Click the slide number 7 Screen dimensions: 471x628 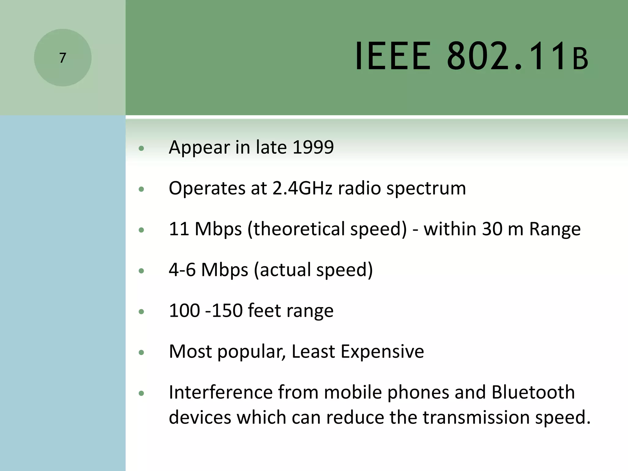point(63,58)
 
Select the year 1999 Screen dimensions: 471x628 point(313,147)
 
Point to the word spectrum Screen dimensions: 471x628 point(426,189)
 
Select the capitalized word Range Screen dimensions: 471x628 point(555,229)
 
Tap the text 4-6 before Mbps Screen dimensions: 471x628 point(182,270)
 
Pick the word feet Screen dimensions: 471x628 point(264,311)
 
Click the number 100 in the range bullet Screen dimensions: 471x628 point(184,311)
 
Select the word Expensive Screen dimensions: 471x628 point(382,351)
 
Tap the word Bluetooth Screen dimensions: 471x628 point(533,392)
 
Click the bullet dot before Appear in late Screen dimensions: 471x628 point(141,149)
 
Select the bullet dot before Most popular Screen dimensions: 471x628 point(141,353)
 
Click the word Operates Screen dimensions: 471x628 point(207,189)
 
